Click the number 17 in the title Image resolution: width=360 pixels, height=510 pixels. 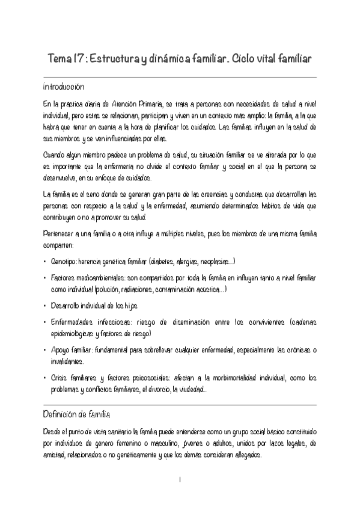click(x=79, y=60)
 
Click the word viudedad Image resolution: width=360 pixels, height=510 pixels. click(x=192, y=389)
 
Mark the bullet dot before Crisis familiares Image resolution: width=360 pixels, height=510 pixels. click(x=46, y=378)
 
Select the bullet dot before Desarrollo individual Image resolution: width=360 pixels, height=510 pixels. click(x=46, y=306)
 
